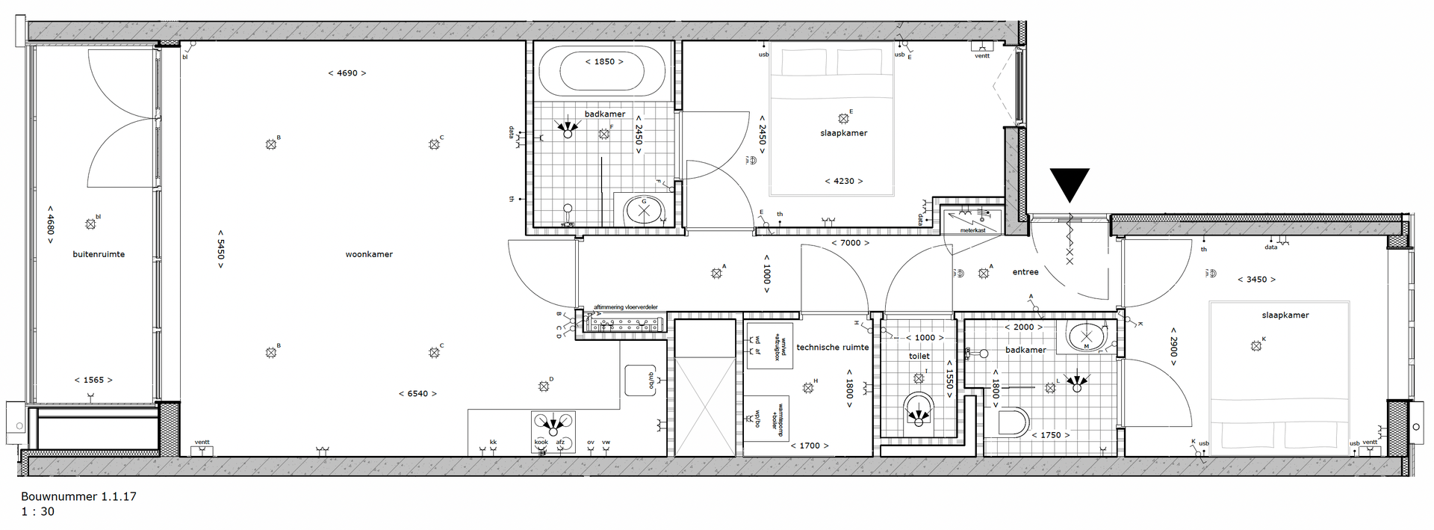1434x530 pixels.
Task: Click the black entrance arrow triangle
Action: [1070, 182]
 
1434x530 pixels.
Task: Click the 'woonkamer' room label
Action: [369, 254]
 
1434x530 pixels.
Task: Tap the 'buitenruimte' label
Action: [99, 254]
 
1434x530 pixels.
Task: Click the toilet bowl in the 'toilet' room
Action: [919, 410]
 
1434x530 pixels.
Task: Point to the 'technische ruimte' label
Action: [832, 348]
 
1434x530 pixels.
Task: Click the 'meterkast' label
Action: [973, 230]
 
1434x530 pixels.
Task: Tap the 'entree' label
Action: [1025, 272]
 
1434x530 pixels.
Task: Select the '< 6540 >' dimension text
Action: [418, 393]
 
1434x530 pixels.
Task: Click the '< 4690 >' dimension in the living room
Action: [347, 73]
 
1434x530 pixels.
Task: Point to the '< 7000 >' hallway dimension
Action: [851, 242]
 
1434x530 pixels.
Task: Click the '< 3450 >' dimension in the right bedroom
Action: [1256, 280]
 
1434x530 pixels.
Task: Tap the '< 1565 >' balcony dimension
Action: [93, 380]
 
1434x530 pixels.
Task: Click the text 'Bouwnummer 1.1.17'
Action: [78, 496]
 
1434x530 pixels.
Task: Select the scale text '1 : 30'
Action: [37, 512]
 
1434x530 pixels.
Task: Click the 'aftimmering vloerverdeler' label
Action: [625, 307]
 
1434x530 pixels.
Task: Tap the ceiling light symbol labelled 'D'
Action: [544, 386]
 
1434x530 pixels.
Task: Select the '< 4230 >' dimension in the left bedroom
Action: [844, 181]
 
